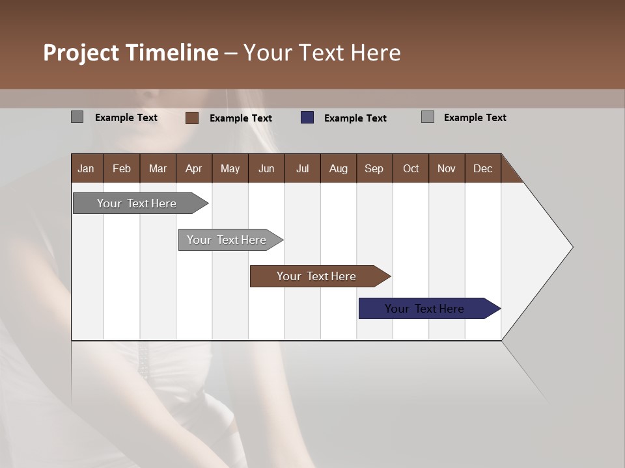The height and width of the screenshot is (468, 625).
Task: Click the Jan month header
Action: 86,168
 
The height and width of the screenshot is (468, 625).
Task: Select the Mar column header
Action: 158,168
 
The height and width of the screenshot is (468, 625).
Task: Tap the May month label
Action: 230,168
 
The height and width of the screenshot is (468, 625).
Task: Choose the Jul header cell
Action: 302,168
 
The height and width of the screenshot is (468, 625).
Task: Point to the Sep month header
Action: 374,168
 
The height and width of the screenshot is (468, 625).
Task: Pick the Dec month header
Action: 482,168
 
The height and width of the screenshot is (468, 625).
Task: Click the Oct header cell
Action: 411,168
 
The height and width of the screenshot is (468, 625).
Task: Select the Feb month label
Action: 122,168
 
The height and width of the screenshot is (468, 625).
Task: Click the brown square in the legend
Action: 192,118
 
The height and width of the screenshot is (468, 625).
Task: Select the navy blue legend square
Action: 307,118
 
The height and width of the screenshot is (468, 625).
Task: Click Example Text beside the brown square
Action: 241,118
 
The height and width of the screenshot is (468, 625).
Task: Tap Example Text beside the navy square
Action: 355,118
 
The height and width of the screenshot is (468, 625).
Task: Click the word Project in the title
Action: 81,53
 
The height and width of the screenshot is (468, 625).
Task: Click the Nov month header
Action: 447,168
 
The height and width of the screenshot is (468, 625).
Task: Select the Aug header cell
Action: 338,168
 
